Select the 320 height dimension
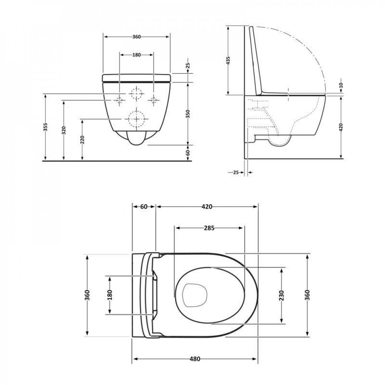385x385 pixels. coord(64,130)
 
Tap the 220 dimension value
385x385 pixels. coord(82,139)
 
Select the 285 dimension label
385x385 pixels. coord(209,228)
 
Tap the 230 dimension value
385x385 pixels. coord(282,295)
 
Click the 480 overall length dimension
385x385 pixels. coord(195,359)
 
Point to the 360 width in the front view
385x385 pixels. coord(136,37)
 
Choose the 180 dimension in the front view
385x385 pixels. coord(136,55)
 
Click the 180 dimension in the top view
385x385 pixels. coord(110,295)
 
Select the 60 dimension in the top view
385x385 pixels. coord(144,207)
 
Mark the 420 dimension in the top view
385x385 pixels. coord(207,207)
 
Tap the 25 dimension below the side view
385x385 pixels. coord(236,172)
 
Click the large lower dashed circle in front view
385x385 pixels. coord(136,119)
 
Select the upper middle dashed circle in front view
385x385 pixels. coord(136,94)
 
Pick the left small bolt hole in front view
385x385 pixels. coord(119,100)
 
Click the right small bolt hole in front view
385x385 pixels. coord(154,100)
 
